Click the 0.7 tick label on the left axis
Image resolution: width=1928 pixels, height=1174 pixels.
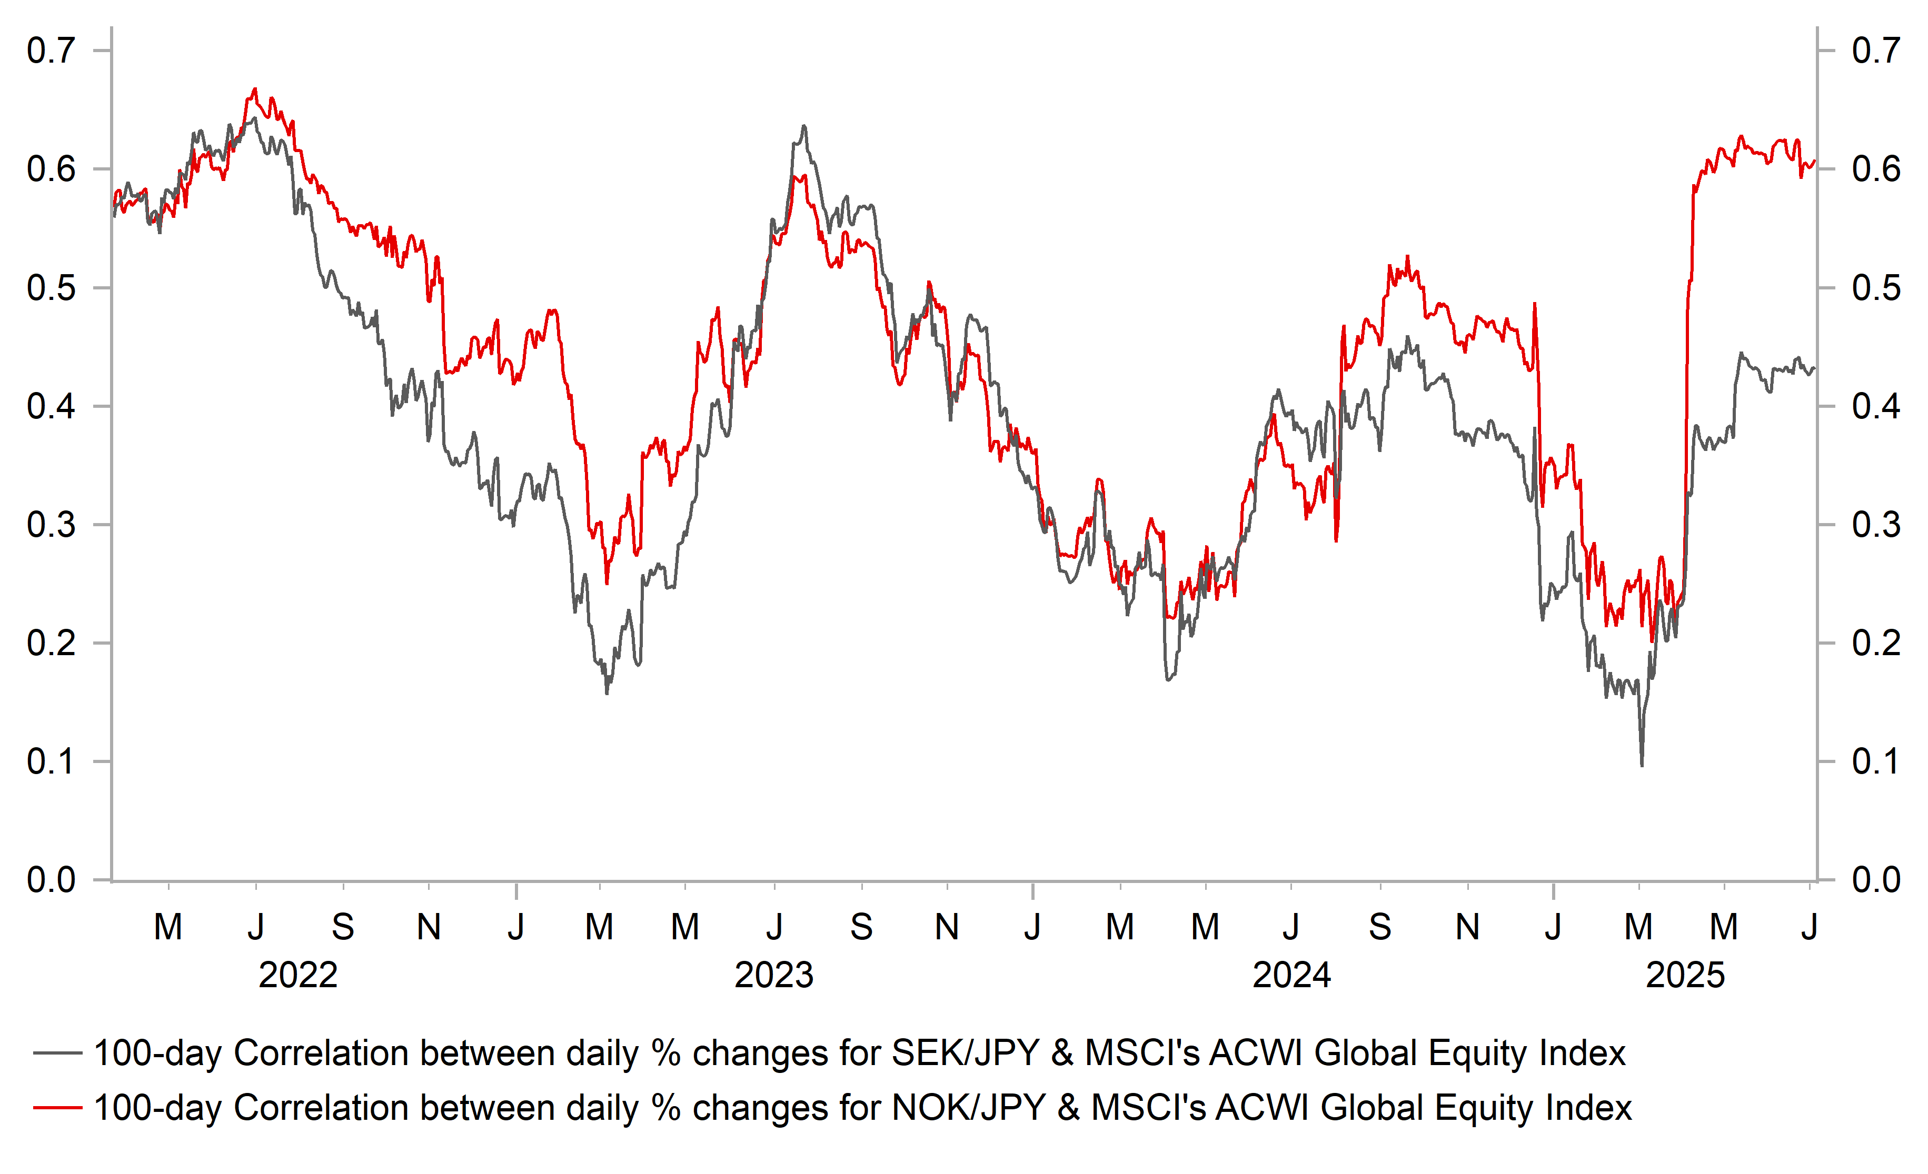point(51,51)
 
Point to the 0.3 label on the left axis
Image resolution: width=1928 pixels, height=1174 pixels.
point(51,525)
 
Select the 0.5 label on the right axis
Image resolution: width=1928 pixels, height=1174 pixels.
point(1875,288)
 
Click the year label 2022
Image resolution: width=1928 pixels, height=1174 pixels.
point(298,975)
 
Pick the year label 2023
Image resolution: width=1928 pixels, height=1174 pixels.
point(774,975)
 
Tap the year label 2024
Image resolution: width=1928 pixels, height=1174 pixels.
point(1292,975)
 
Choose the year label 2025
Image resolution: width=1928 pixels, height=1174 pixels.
point(1685,975)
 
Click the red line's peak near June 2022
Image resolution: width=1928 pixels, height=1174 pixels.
point(254,89)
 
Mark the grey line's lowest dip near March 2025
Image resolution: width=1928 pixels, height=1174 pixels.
point(1642,765)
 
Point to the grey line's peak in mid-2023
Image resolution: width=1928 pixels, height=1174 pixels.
point(803,126)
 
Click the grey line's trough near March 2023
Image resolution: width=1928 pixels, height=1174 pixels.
point(607,693)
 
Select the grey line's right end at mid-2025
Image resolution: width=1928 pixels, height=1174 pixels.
point(1814,369)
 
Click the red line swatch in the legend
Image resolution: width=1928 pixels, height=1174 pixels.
point(57,1108)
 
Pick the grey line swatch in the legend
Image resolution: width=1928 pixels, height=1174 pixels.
point(57,1053)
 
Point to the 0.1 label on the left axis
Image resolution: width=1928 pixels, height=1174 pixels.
point(51,762)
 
